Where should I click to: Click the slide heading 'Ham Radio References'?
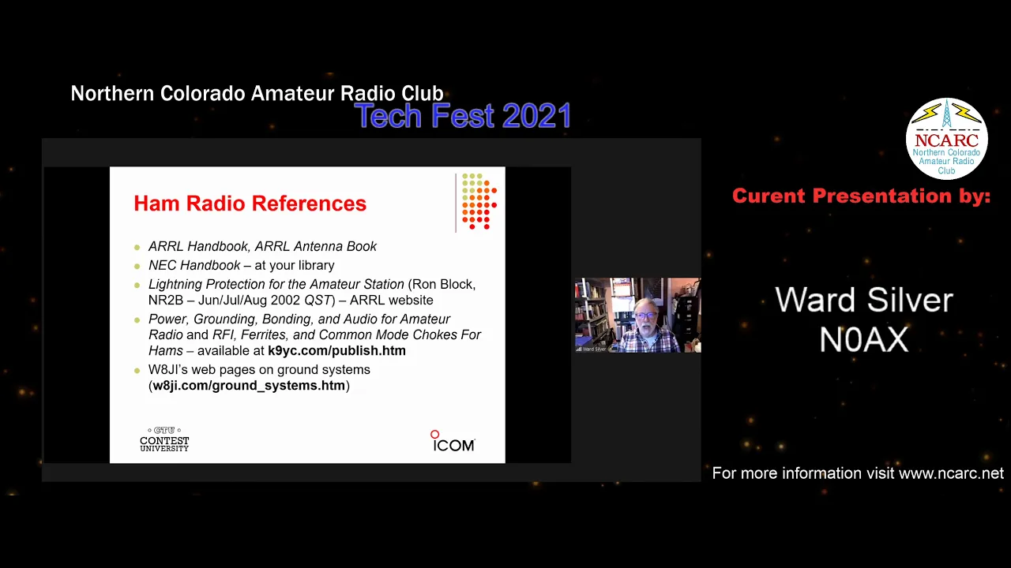coord(250,204)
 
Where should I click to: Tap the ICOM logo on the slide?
coord(453,441)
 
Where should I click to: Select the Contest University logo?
coord(164,439)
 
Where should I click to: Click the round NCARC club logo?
coord(946,138)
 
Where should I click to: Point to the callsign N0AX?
coord(864,340)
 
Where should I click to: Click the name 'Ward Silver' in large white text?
coord(864,300)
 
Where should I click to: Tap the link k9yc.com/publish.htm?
coord(336,351)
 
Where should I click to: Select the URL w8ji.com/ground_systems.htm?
coord(249,386)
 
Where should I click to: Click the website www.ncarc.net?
coord(952,473)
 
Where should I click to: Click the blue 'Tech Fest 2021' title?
coord(463,115)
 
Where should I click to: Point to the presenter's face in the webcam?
coord(646,318)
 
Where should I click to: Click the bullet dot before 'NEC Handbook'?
coord(137,267)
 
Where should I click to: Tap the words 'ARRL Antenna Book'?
coord(315,247)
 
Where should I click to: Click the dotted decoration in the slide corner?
coord(479,201)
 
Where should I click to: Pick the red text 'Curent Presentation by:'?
coord(861,196)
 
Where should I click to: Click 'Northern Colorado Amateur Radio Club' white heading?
coord(257,93)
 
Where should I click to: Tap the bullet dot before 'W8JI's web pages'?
coord(137,371)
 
